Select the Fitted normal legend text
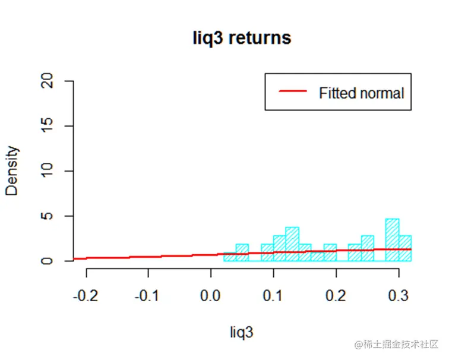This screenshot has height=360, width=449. [x=361, y=93]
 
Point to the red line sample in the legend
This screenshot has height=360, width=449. [x=293, y=92]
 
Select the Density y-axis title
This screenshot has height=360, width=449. [x=13, y=171]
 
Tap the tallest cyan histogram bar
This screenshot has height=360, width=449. [x=392, y=240]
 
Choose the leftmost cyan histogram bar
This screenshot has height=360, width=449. [x=229, y=257]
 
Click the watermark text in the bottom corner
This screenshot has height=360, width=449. [x=396, y=345]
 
